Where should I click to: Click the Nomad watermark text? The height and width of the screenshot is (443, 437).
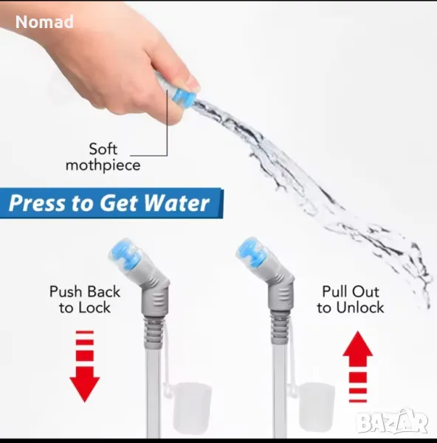pos(44,22)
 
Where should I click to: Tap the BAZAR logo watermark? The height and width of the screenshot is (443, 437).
pos(393,422)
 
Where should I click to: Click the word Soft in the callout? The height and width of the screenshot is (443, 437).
pos(103,149)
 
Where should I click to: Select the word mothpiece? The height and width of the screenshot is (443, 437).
pos(103,165)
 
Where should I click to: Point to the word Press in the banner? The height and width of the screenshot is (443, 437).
pos(37,203)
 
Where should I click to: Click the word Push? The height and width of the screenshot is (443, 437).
pos(65,292)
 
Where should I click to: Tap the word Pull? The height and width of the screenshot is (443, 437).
pos(334,292)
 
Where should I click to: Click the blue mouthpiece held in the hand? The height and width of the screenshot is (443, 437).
pos(185,97)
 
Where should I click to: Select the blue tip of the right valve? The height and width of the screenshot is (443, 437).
pos(251,253)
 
